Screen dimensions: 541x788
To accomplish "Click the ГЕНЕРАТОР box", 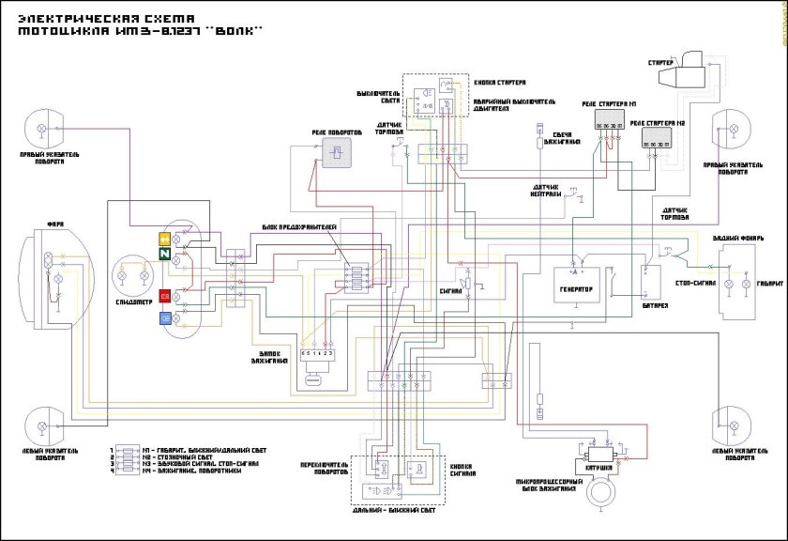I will coord(576,290).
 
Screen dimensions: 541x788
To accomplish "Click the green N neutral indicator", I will coord(164,254).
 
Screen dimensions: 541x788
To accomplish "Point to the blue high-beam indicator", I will coord(164,318).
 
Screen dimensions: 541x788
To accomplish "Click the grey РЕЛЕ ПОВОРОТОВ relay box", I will coord(335,154).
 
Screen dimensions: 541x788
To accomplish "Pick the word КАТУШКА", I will coord(600,467).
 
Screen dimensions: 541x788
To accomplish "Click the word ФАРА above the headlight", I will coord(55,225).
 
